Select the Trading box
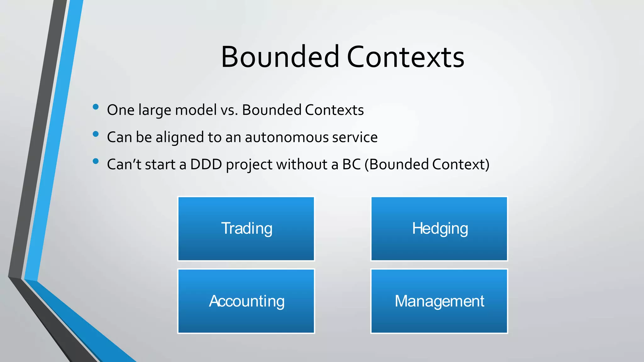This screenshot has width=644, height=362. click(246, 229)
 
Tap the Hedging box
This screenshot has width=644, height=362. click(439, 229)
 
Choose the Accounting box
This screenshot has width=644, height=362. click(246, 301)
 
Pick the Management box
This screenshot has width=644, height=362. click(439, 301)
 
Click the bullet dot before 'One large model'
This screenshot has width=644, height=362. click(96, 107)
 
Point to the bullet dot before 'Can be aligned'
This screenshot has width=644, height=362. click(96, 134)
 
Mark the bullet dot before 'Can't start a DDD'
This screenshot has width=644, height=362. click(96, 162)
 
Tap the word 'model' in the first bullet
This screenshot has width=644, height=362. click(196, 110)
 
